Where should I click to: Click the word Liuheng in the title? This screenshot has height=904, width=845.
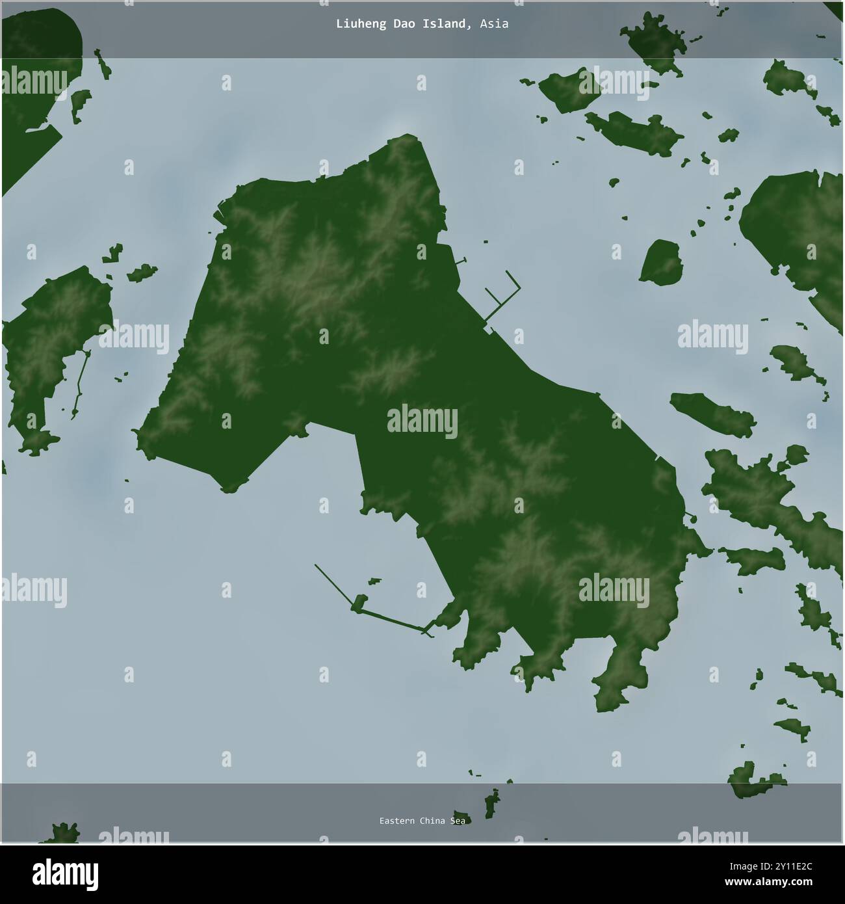point(356,24)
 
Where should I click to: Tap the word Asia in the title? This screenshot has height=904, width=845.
point(494,24)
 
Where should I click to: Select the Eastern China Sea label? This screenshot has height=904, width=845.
point(422,821)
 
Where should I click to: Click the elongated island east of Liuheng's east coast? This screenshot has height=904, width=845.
point(712,414)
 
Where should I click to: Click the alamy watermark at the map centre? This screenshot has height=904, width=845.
point(422,419)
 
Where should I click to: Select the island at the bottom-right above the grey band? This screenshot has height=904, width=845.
point(754,780)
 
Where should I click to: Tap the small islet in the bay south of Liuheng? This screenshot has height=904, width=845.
point(374,580)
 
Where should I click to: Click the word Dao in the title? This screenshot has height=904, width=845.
point(406,24)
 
